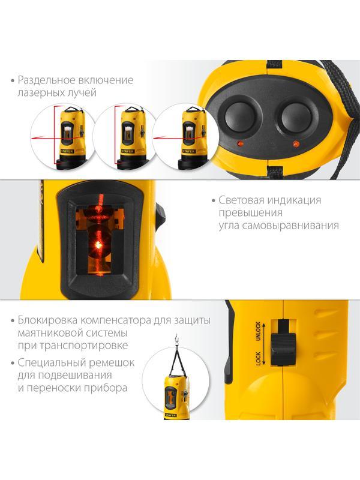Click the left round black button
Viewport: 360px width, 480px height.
[238, 115]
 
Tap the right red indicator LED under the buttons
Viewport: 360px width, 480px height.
[295, 145]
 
